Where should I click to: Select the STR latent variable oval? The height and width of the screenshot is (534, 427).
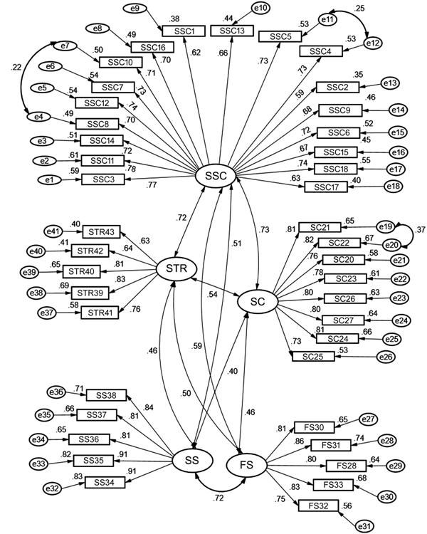point(176,268)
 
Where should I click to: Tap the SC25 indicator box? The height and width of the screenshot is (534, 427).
point(312,355)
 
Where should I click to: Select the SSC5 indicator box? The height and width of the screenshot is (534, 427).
point(279,36)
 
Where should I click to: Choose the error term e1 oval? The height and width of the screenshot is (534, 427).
point(50,180)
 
